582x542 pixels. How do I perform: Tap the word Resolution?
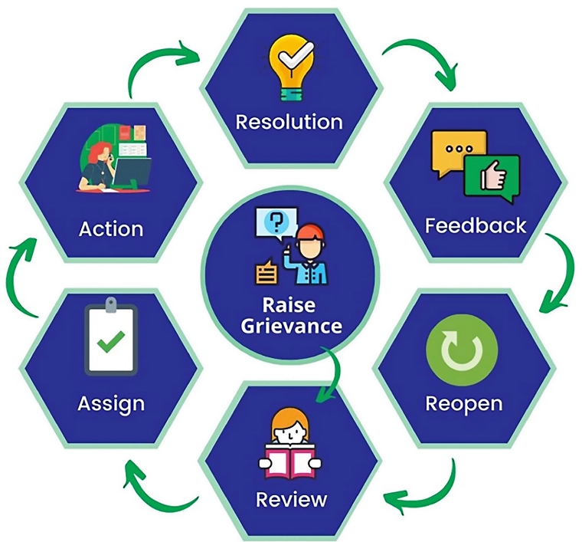[289, 122]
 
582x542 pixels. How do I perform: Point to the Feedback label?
[476, 225]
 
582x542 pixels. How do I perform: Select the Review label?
[292, 500]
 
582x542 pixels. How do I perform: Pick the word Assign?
[110, 403]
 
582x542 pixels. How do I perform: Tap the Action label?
[111, 228]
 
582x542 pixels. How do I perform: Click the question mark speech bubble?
[274, 222]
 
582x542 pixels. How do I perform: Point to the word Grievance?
[291, 326]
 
